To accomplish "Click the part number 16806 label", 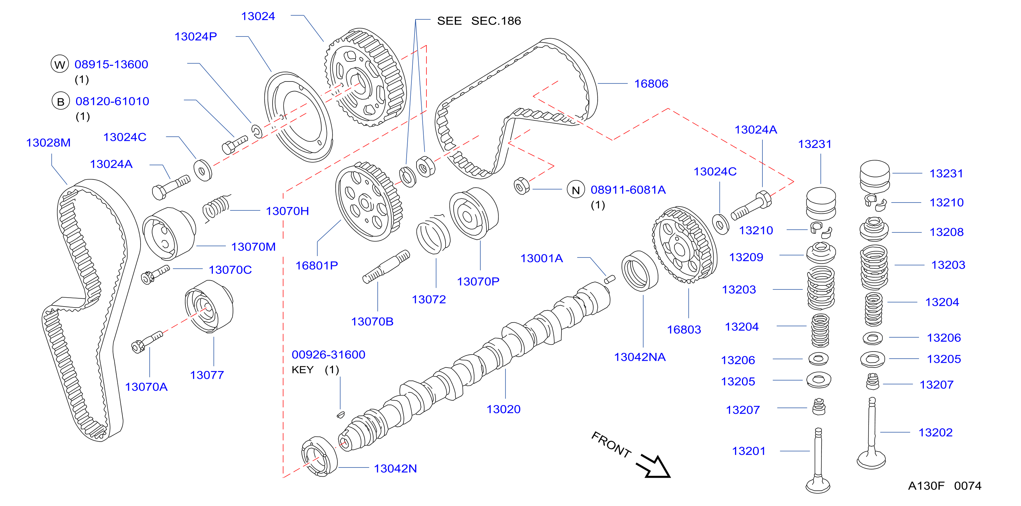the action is pyautogui.click(x=651, y=84).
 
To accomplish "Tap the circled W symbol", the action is pyautogui.click(x=60, y=64).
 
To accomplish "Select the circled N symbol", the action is pyautogui.click(x=576, y=190).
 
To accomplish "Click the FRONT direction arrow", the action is pyautogui.click(x=653, y=467).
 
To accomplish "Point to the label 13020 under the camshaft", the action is pyautogui.click(x=504, y=409).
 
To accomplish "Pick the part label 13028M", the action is pyautogui.click(x=48, y=143).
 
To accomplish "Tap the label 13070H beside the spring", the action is pyautogui.click(x=287, y=211).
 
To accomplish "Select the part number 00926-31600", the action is pyautogui.click(x=329, y=354).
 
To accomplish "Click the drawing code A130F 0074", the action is pyautogui.click(x=945, y=486).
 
